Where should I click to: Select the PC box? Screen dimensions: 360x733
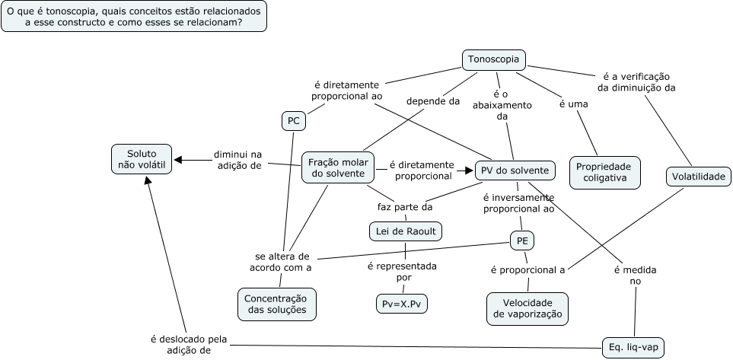point(292,120)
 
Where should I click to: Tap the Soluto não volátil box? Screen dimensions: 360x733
point(141,159)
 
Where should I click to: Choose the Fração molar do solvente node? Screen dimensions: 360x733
point(338,167)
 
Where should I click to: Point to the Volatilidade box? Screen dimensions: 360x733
point(699,177)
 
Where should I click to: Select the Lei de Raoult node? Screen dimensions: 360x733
point(405,231)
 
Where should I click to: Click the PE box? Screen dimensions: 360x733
point(522,241)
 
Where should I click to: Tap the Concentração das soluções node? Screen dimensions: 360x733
point(276,304)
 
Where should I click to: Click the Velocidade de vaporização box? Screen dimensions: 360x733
point(527,307)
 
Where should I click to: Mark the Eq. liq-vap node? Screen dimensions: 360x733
point(633,347)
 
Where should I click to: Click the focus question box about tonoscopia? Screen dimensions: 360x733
point(134,18)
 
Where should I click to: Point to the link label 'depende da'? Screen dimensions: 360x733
point(432,100)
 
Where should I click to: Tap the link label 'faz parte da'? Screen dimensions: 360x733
point(405,206)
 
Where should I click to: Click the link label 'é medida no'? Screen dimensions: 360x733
point(635,276)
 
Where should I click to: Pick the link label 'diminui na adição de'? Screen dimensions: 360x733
point(237,159)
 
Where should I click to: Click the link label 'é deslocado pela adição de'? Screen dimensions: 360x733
point(188,345)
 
